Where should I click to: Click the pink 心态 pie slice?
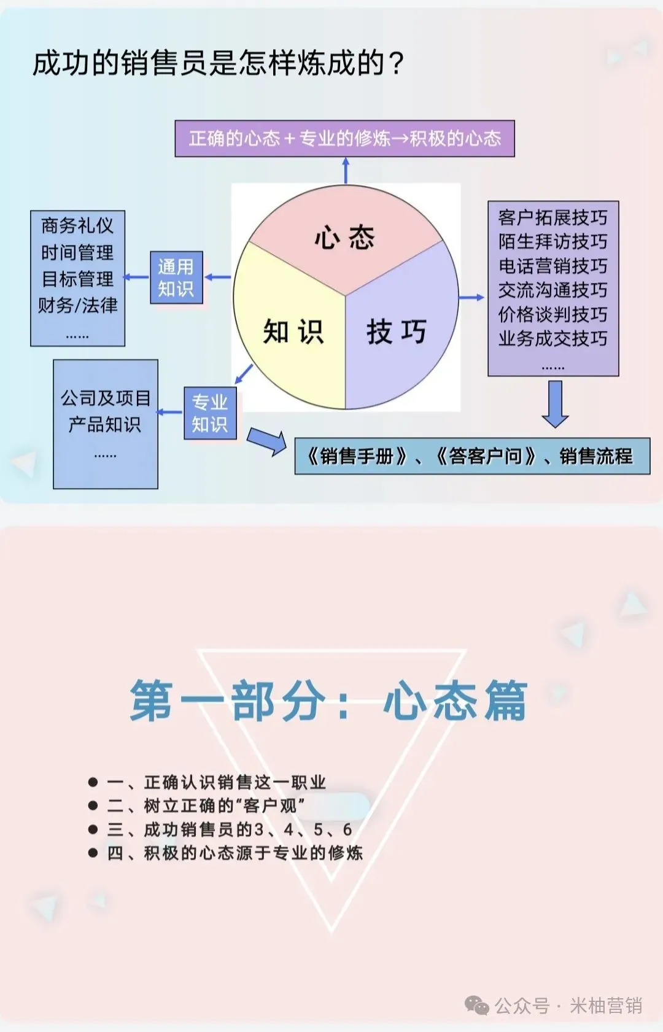(x=345, y=236)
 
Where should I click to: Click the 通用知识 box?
(x=176, y=277)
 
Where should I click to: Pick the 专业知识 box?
(x=210, y=413)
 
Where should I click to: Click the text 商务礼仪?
(x=77, y=226)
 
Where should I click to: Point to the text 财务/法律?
(x=77, y=305)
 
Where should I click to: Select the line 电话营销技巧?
(x=552, y=266)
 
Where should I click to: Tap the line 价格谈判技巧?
(x=552, y=314)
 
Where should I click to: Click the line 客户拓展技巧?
(x=552, y=217)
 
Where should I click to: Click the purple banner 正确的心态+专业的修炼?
(x=344, y=139)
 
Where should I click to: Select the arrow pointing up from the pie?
(x=346, y=170)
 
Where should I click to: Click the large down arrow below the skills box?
(x=555, y=403)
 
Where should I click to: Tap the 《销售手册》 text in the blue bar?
(x=357, y=456)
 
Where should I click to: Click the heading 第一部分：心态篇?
(x=329, y=700)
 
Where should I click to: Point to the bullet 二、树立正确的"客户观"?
(x=206, y=805)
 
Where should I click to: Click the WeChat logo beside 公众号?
(x=477, y=1006)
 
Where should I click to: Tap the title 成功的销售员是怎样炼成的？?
(x=218, y=63)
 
